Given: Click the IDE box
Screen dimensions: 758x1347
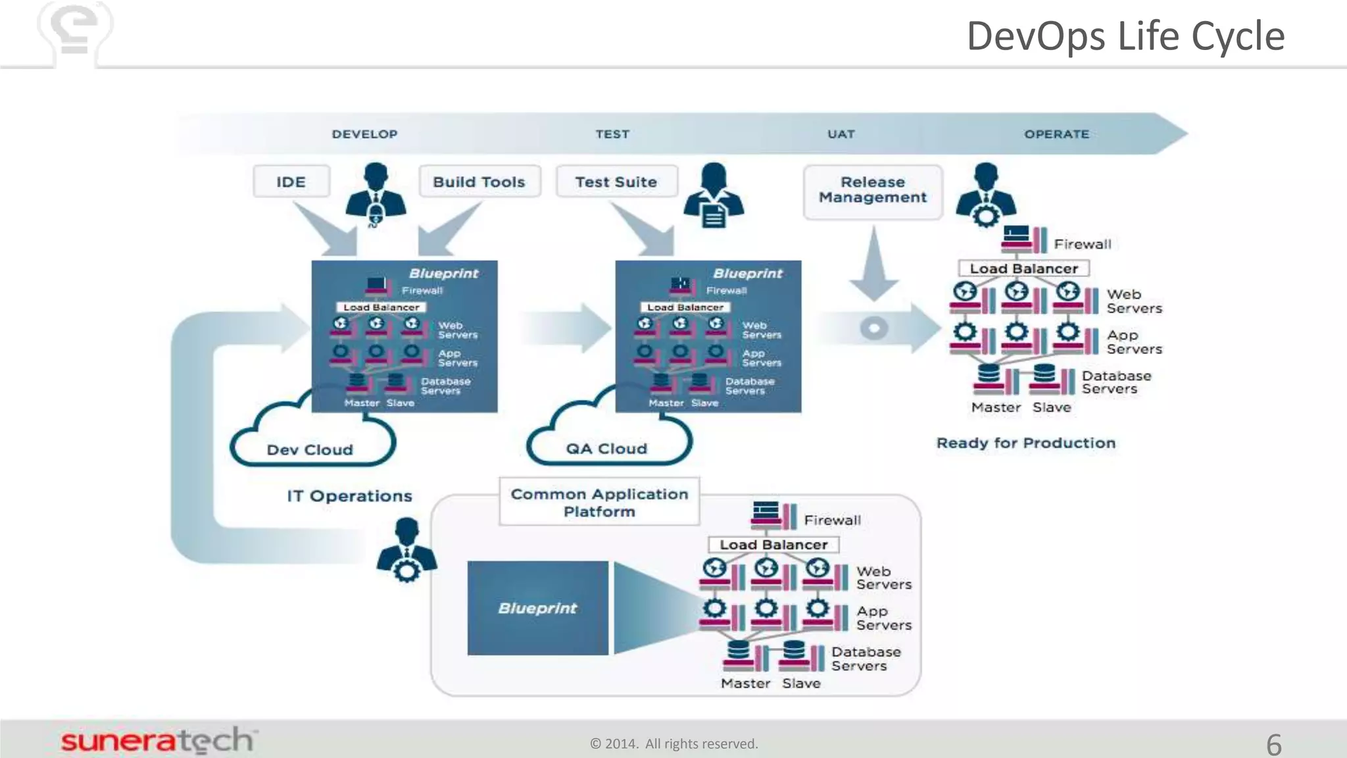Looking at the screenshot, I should click(291, 182).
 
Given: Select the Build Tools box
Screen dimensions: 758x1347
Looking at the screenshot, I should click(479, 182).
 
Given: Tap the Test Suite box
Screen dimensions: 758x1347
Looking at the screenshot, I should click(616, 182).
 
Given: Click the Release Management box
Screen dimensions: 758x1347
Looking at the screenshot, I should click(873, 190).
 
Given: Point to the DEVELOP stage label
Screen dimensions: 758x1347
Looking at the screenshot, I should click(364, 134).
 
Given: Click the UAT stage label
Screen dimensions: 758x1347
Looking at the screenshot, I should click(841, 134).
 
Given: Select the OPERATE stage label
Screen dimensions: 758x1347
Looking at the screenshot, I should click(1056, 134).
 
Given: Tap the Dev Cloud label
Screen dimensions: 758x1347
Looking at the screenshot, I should click(310, 450).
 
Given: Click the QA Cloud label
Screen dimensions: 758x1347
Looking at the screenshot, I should click(606, 449).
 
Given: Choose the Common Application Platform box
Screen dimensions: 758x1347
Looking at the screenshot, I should click(599, 503).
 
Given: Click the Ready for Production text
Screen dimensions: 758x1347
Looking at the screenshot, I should click(1026, 443).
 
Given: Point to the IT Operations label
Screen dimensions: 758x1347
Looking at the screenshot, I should click(349, 496).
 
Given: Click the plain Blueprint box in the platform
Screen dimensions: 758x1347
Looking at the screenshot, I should click(537, 608).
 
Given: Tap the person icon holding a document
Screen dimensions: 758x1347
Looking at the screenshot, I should click(714, 195).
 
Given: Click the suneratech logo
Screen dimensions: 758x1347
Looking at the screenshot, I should click(158, 741).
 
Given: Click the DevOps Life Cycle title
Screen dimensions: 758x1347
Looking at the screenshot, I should click(1125, 36).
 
